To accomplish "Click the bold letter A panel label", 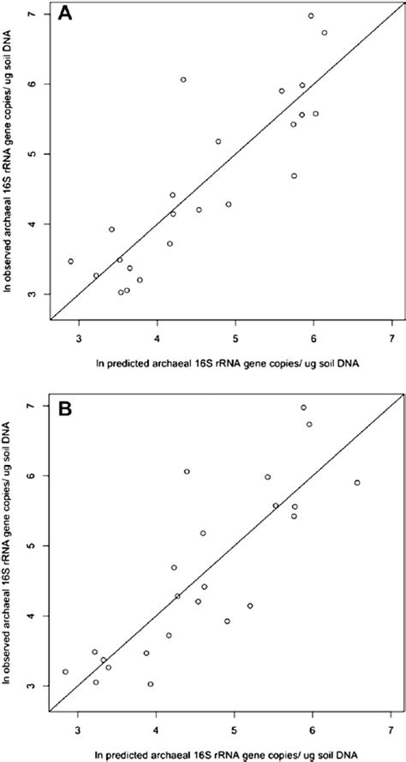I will [x=66, y=15].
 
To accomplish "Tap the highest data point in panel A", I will [x=311, y=15].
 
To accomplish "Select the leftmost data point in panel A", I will [x=71, y=261].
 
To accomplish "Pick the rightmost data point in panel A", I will [x=325, y=33].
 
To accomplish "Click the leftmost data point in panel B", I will [x=65, y=671].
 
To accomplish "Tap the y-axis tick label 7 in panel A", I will [x=31, y=15].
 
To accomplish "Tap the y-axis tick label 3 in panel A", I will [x=31, y=294].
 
